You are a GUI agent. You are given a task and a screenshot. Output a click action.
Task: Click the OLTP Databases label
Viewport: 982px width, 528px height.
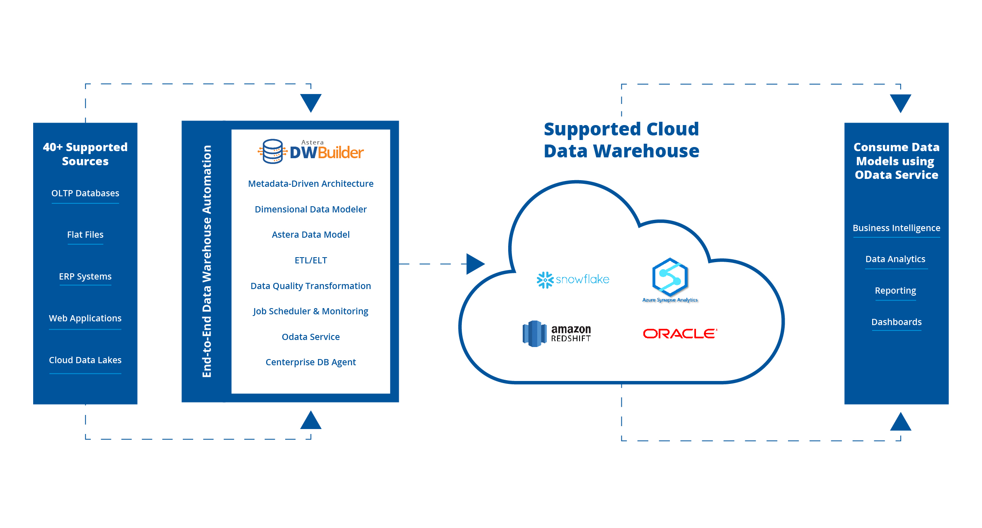(x=85, y=193)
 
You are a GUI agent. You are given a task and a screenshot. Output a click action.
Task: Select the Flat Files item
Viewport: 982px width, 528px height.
(x=85, y=235)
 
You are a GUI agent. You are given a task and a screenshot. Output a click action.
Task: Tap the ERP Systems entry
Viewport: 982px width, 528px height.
(x=85, y=277)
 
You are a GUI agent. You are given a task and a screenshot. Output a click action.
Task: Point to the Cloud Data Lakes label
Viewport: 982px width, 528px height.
(x=85, y=360)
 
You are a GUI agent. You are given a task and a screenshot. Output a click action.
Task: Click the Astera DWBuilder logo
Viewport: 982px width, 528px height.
(x=310, y=152)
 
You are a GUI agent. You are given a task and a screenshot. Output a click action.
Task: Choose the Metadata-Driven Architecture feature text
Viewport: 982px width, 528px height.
(x=310, y=184)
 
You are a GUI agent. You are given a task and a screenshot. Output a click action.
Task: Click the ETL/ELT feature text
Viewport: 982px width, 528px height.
(x=310, y=260)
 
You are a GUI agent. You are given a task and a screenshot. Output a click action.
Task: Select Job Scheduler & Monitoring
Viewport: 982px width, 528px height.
(x=310, y=311)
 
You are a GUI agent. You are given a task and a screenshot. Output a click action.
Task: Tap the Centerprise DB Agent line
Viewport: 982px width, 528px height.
(x=310, y=362)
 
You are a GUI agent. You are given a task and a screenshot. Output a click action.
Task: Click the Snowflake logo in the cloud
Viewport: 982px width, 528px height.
(x=573, y=280)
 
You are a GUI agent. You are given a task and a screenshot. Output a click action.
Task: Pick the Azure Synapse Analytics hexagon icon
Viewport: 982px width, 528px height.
(x=670, y=277)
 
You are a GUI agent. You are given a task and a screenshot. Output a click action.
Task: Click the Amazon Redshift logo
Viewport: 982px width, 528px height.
(x=557, y=333)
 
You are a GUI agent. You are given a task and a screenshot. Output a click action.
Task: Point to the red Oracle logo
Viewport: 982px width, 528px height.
(x=680, y=333)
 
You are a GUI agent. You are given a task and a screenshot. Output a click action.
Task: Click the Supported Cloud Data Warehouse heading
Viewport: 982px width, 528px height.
(x=621, y=140)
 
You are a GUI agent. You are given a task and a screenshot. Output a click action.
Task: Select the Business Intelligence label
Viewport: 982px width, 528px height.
(x=896, y=228)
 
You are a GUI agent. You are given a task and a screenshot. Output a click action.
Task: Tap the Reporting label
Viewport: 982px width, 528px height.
(x=895, y=291)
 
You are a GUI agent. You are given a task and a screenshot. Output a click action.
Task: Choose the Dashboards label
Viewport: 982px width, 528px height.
(x=896, y=322)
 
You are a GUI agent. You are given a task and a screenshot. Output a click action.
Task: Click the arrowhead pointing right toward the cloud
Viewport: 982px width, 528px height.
(x=475, y=264)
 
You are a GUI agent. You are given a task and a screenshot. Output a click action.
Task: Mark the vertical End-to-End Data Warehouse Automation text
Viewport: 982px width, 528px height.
(x=207, y=261)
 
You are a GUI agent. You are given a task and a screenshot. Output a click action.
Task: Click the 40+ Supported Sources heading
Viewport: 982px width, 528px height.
(x=85, y=154)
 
